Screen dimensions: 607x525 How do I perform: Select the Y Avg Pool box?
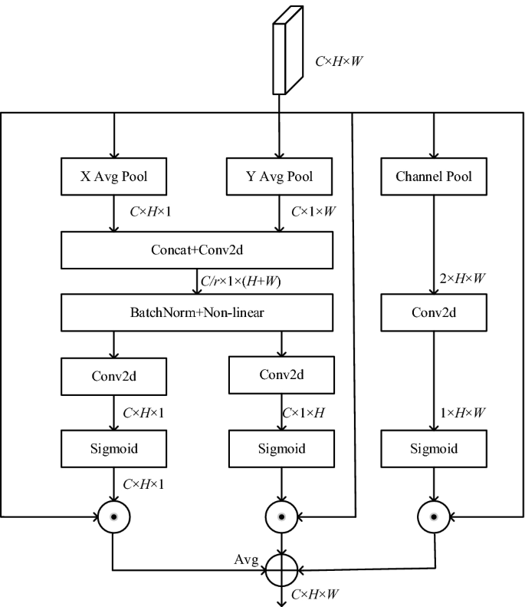[281, 177]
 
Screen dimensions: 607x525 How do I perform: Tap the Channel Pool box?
[434, 177]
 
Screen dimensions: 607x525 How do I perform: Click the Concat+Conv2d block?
[198, 249]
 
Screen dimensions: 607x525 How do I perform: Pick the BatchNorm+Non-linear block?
[198, 314]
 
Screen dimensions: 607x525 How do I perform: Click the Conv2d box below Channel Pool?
[434, 314]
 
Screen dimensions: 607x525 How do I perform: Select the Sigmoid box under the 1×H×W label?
[434, 448]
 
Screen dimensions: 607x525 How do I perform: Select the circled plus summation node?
[284, 570]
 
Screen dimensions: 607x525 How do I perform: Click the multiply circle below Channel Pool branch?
[434, 516]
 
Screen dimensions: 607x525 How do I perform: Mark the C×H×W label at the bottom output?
[316, 593]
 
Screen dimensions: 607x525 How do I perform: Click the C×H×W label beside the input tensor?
[338, 58]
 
